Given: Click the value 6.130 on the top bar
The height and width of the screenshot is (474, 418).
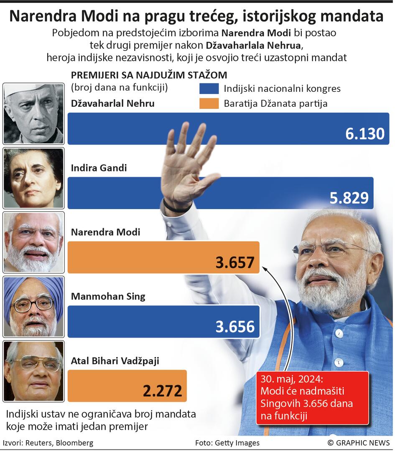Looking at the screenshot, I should coord(364,134).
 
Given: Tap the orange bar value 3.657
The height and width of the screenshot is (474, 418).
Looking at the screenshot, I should coord(234,262).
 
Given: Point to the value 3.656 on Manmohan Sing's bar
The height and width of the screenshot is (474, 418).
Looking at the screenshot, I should coord(234,327).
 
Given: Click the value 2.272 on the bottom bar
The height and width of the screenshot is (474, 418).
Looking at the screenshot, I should coord(162,391).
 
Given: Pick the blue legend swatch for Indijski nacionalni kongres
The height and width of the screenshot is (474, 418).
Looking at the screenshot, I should coord(209,88).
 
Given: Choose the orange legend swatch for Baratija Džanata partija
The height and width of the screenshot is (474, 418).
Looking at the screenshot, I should coord(209,103).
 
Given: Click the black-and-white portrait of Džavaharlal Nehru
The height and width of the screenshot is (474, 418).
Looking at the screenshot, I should coord(33,113).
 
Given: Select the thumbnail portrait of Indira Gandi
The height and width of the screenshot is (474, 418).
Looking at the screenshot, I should coord(33,178).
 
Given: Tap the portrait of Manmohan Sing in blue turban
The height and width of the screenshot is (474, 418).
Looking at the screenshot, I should coord(33,307).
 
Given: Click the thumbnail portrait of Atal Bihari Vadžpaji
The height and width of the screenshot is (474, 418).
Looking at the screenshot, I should coord(33,371).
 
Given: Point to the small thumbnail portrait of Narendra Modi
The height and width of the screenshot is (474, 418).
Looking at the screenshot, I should coord(33,242).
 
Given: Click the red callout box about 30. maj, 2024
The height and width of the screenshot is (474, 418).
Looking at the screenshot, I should coord(312,398).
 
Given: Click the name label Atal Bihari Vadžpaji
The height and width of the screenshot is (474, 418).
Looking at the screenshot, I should coord(115,361).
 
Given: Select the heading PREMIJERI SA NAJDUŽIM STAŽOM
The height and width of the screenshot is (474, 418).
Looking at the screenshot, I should coord(149,75).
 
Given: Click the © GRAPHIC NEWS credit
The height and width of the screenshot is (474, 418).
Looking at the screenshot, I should coord(358,443).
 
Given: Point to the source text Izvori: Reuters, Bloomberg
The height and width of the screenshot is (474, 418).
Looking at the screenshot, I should coord(48,443).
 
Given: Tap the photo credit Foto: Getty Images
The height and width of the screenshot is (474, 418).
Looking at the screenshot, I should coord(227,443).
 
